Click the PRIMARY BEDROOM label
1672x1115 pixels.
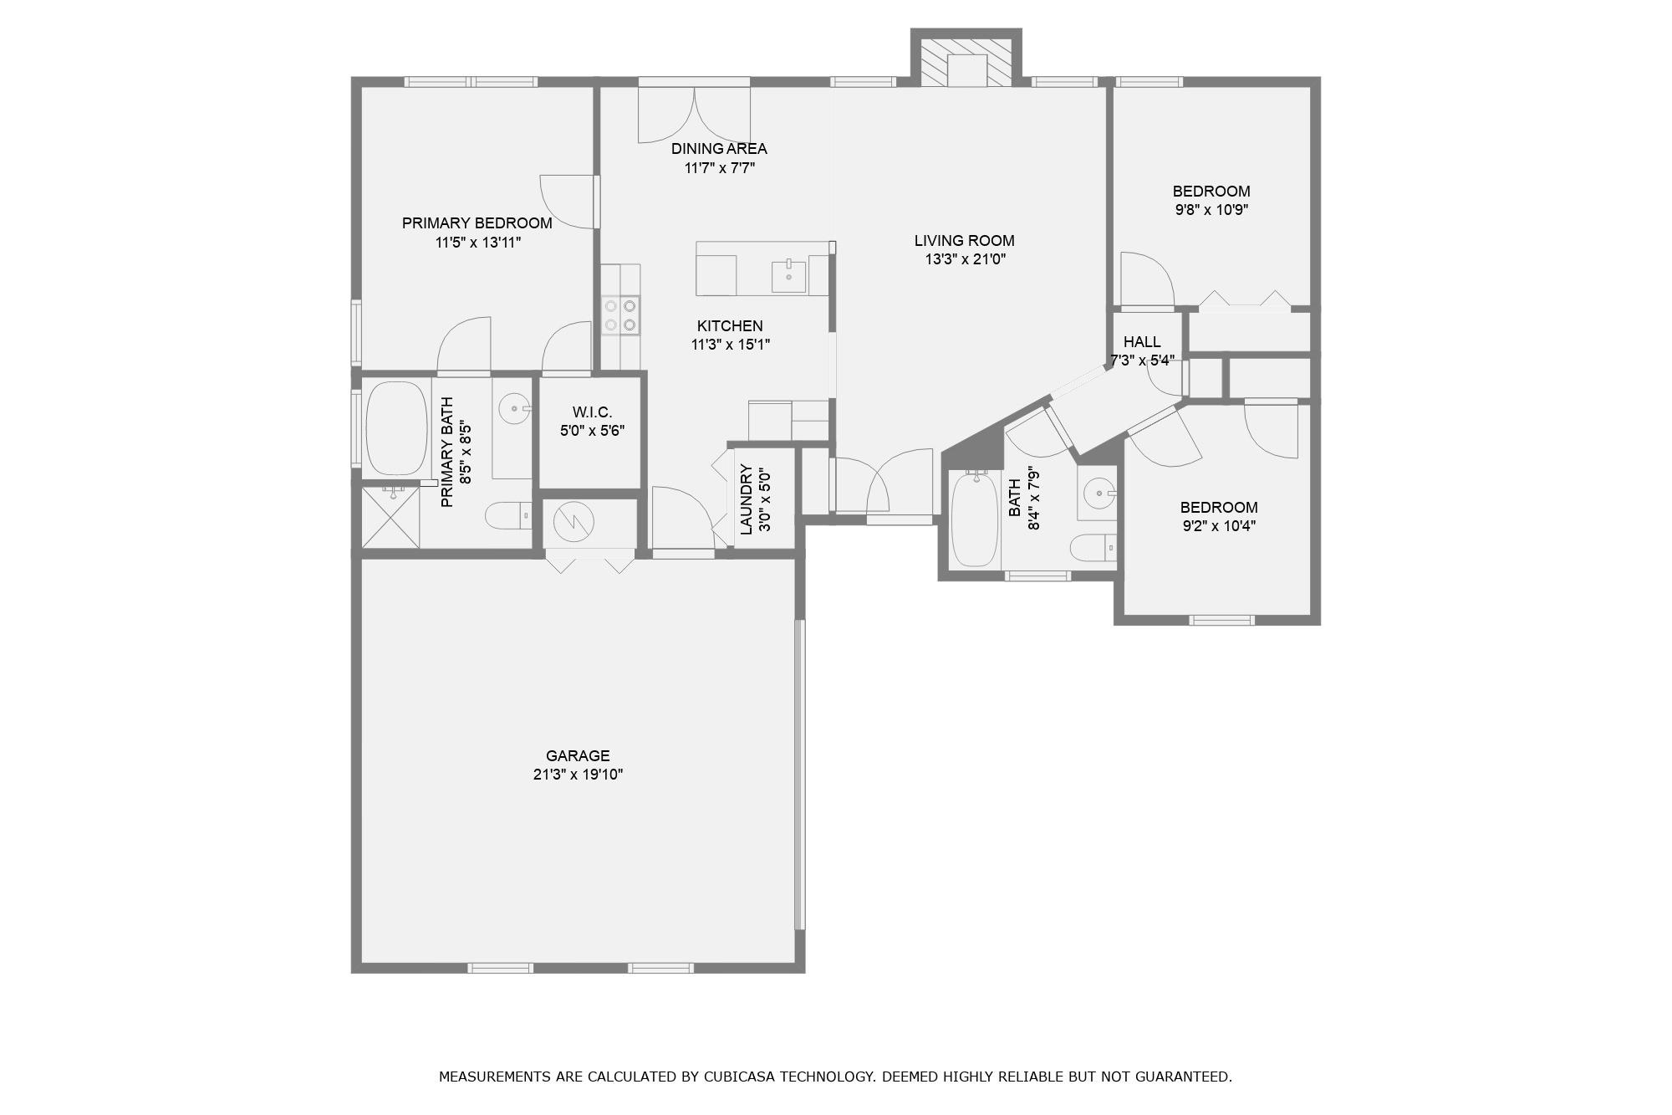tap(477, 223)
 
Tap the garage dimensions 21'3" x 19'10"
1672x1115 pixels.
tap(578, 775)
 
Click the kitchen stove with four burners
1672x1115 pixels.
tap(620, 315)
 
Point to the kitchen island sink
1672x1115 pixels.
tap(788, 275)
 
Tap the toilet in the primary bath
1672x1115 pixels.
tap(507, 515)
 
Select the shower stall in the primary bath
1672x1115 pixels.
tap(390, 517)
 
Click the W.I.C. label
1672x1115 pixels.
tap(592, 412)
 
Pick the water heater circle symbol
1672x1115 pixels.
tap(573, 522)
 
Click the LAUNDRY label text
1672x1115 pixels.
tap(747, 499)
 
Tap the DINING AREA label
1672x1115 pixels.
tap(719, 149)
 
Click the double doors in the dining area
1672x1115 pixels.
tap(694, 115)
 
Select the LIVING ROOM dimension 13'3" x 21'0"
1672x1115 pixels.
tap(965, 259)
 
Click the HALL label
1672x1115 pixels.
tap(1141, 341)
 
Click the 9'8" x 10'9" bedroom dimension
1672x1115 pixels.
tap(1211, 210)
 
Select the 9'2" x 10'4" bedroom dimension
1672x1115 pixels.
tap(1218, 526)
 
